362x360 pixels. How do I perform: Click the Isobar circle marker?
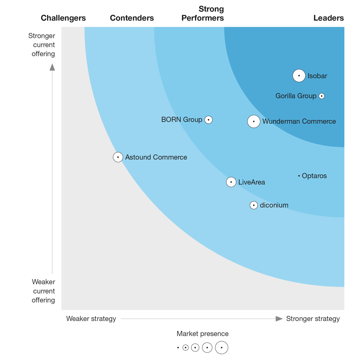tap(299, 76)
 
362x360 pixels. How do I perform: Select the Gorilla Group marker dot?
tap(321, 96)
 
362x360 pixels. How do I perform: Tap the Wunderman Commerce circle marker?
tap(253, 121)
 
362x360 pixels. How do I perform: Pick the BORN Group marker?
tap(209, 120)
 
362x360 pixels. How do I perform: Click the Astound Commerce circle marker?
tap(118, 157)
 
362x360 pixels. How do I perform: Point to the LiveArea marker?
tap(231, 182)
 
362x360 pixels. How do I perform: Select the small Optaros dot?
tap(299, 176)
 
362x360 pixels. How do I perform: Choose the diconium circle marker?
tap(253, 205)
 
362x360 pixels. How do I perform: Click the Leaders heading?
tap(328, 18)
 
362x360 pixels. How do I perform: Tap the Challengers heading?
tap(63, 18)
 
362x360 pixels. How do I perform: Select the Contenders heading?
tap(132, 18)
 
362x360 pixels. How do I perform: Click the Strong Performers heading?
tap(203, 13)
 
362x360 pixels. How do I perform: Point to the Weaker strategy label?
tap(91, 319)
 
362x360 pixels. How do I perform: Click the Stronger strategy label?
tap(313, 319)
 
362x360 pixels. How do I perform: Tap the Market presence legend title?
tap(203, 333)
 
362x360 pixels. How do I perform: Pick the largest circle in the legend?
tap(222, 348)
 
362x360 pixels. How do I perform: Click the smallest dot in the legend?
tap(178, 348)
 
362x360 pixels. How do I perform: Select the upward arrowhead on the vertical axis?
tap(52, 67)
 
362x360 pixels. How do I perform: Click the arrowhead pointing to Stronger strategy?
tap(279, 319)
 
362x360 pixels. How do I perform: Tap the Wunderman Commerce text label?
tap(299, 121)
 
